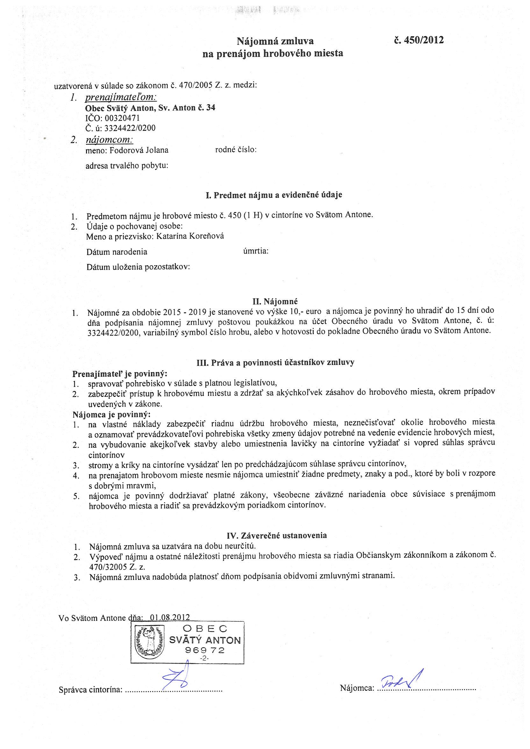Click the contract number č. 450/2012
coord(419,40)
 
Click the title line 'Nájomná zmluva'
coord(275,41)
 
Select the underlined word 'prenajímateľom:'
coord(121,97)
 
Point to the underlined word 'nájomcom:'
coord(109,140)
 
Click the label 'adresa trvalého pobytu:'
coord(127,166)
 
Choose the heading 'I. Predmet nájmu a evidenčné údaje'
coord(274,195)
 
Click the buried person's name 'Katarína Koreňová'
coord(190,236)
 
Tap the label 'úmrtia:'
coord(256,251)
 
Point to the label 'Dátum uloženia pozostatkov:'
coord(138,267)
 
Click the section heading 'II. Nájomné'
coord(276,301)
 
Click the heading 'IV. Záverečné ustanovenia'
coord(276,535)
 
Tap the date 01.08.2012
coord(170,617)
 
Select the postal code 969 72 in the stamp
coord(205,650)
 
